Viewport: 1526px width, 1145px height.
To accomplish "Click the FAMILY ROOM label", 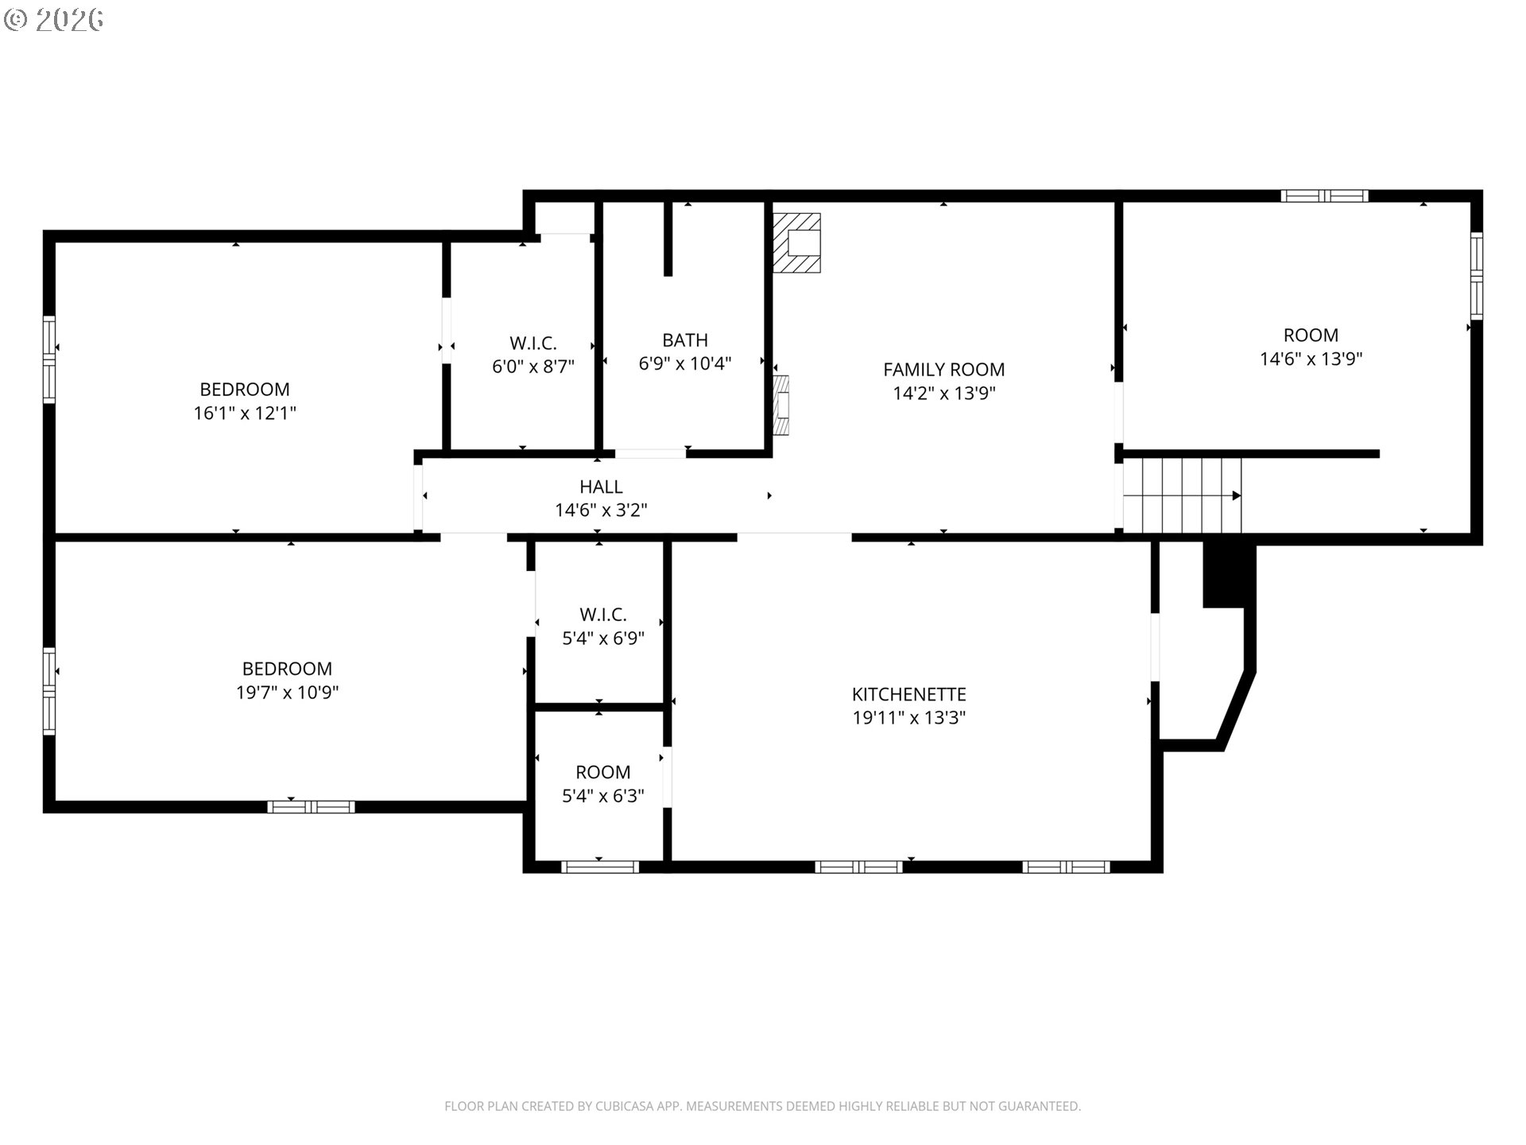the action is click(x=943, y=370).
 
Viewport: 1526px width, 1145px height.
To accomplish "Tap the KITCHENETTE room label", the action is click(x=908, y=694).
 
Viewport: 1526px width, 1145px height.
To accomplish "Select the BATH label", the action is click(x=685, y=340).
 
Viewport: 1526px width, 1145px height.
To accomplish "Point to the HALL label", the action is click(x=601, y=487).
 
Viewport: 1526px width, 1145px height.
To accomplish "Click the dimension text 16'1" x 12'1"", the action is click(x=245, y=413).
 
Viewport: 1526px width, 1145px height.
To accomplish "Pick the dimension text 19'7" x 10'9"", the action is click(x=287, y=693).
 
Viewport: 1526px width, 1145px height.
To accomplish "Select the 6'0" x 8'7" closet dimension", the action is click(x=533, y=367).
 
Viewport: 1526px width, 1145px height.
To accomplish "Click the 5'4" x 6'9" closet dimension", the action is click(x=603, y=638).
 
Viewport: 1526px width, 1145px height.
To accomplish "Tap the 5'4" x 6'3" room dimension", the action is click(x=603, y=795).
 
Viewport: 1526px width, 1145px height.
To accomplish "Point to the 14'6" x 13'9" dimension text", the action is click(x=1311, y=359).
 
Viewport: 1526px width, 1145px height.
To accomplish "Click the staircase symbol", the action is click(x=1182, y=495).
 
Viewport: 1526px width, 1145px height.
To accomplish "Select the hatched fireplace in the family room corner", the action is click(x=796, y=243).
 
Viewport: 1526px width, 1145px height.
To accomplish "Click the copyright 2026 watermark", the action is click(x=53, y=20).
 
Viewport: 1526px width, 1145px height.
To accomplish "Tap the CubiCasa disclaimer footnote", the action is click(x=762, y=1106).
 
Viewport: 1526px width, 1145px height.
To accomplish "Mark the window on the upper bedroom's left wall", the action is click(x=49, y=359).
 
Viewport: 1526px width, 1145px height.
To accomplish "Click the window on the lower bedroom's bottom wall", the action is click(x=311, y=806).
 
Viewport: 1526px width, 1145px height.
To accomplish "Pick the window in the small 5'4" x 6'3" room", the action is click(x=600, y=867).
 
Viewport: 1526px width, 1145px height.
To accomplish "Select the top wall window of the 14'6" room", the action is click(x=1324, y=196).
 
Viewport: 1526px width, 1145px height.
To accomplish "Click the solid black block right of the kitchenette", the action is click(x=1224, y=574).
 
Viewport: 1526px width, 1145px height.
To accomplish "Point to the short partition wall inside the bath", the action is click(x=668, y=239).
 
